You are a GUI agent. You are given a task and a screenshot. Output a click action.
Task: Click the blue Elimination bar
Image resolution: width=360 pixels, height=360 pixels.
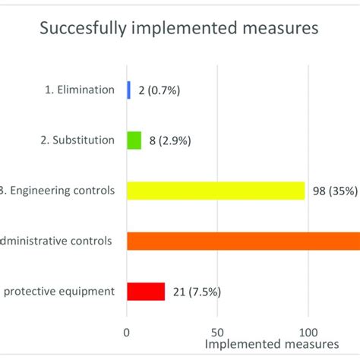128,90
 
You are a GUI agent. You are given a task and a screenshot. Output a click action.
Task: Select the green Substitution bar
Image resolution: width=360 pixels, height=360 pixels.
134,141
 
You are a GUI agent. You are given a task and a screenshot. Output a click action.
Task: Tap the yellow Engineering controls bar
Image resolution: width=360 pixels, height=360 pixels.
216,191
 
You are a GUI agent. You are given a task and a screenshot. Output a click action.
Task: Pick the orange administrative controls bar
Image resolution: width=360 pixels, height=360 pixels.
243,241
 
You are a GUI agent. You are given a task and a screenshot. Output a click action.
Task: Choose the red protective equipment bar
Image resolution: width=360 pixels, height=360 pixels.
146,291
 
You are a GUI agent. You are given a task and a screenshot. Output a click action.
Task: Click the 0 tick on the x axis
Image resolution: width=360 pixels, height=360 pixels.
127,331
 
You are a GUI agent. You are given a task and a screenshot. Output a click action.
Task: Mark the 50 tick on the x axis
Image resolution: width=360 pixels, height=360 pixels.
218,331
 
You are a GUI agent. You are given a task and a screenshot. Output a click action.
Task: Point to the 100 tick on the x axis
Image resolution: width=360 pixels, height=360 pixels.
308,331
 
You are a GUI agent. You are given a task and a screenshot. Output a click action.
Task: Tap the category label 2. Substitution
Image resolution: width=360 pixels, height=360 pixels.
77,141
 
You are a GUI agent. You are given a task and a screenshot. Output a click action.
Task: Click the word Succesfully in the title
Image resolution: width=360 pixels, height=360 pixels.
81,31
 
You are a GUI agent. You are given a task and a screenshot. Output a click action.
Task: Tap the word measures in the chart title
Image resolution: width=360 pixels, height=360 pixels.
278,31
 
